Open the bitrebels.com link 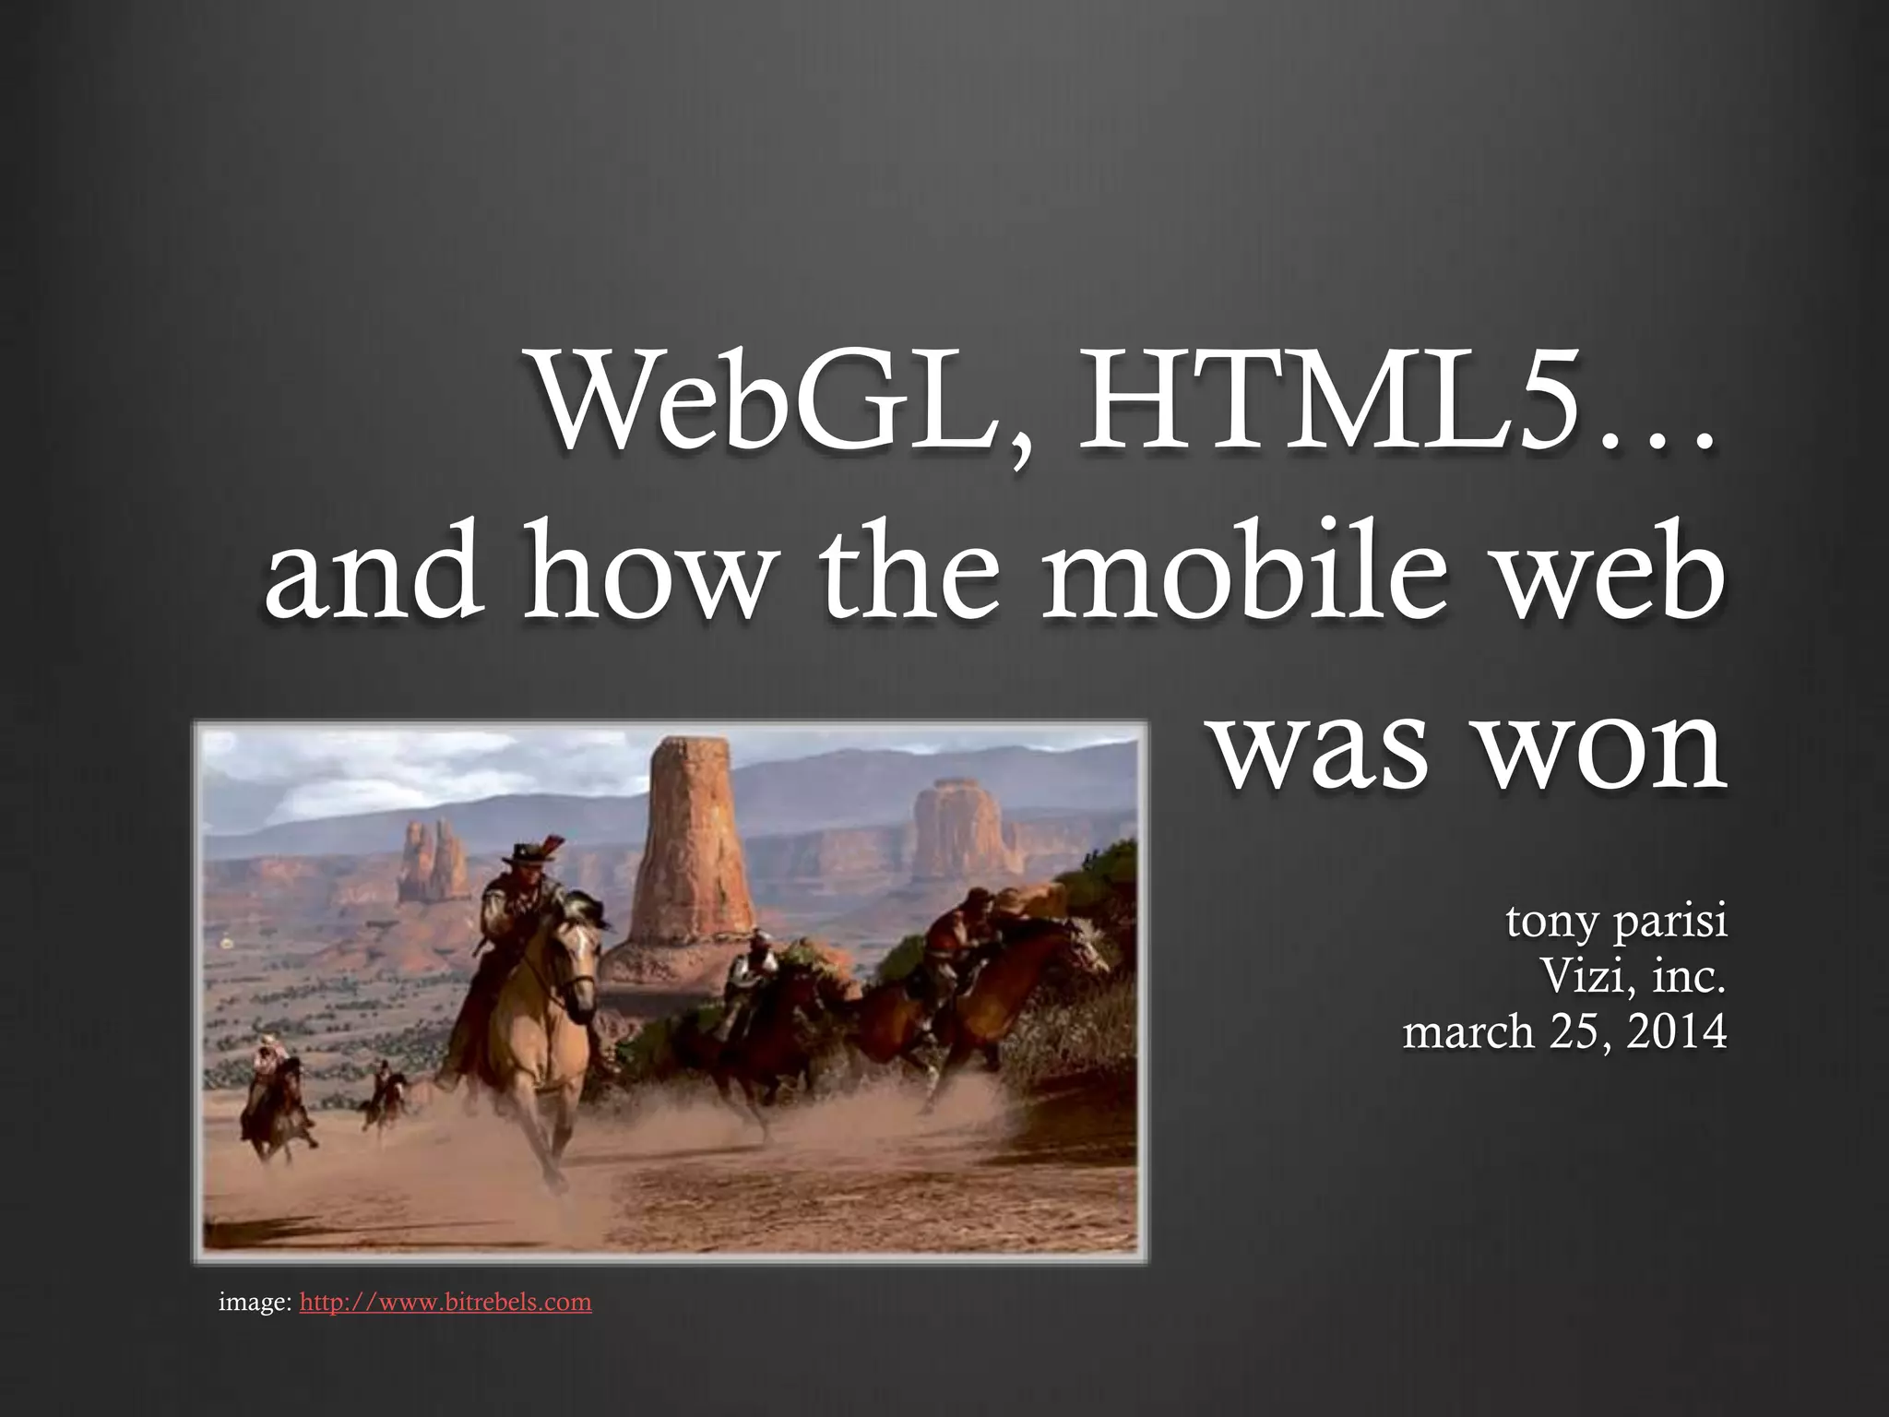[446, 1302]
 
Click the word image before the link [254, 1302]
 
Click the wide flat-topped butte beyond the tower [955, 830]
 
